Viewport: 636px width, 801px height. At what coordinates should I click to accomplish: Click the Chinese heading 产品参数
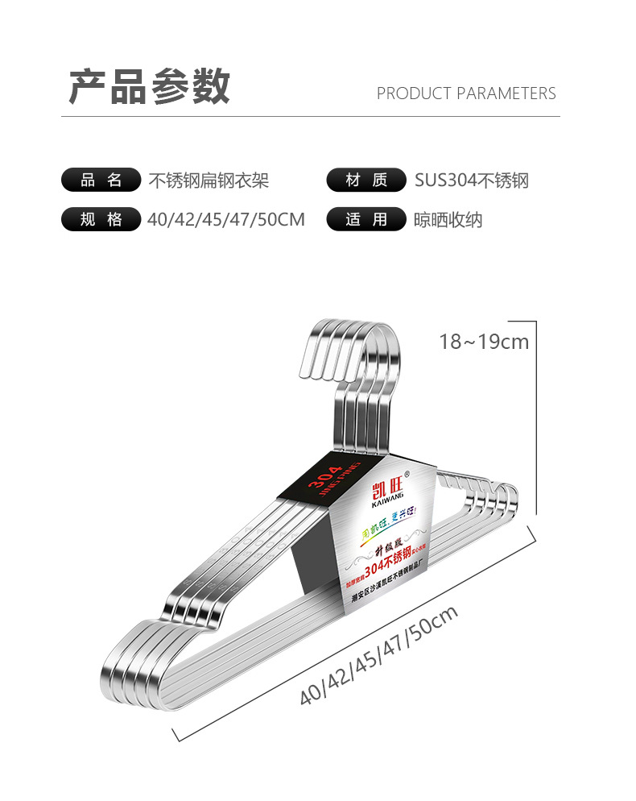tap(149, 87)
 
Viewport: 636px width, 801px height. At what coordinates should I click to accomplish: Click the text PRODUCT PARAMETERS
tap(466, 93)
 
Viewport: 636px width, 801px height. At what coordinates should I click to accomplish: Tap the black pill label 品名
tap(101, 180)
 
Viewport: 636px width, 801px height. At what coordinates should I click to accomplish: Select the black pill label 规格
tap(101, 219)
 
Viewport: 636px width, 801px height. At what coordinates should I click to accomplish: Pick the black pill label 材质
tap(365, 180)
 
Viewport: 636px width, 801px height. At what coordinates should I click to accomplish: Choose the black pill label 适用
tap(365, 219)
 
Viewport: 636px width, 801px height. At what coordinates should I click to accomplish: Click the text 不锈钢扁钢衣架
tap(209, 180)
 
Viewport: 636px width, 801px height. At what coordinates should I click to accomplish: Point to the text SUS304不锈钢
tap(472, 180)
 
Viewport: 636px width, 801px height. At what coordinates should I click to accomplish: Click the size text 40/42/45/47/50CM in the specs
tap(226, 219)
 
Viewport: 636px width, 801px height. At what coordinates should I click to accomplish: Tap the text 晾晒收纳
tap(448, 219)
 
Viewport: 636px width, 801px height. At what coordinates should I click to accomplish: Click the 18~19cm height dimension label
tap(484, 342)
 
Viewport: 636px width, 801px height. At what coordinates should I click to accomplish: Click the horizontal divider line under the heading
tap(310, 117)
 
